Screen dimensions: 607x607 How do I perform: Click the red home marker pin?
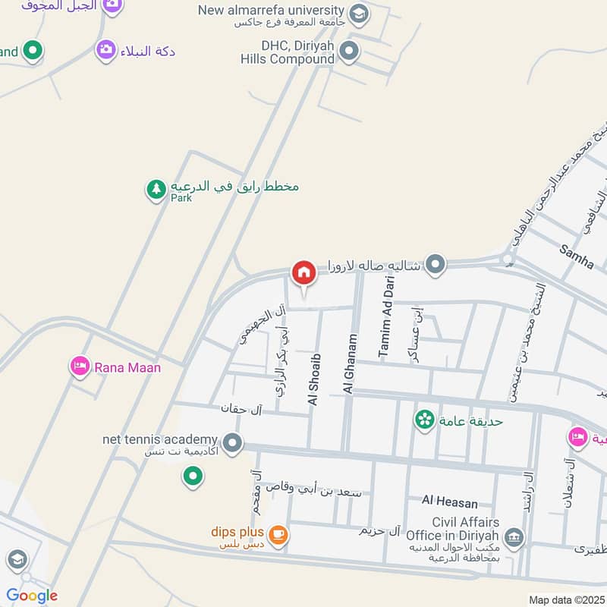304,273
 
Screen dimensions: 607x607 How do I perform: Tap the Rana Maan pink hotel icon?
79,367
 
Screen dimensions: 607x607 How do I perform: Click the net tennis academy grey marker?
233,441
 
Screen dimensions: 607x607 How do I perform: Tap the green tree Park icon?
156,189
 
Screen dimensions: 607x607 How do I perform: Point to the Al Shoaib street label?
315,379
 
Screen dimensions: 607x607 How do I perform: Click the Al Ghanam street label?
350,363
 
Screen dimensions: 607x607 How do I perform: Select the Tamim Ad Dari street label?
385,317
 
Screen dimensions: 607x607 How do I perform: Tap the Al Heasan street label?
451,502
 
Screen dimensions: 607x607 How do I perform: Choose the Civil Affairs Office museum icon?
514,538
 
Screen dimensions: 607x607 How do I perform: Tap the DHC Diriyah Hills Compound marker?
348,52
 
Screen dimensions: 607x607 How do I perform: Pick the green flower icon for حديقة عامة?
424,418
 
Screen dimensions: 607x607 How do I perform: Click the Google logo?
32,596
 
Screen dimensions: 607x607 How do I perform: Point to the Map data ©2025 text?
565,600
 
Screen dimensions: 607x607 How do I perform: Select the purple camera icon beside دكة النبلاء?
106,51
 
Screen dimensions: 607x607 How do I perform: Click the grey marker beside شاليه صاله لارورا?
435,264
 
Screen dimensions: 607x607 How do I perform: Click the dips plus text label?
237,532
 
